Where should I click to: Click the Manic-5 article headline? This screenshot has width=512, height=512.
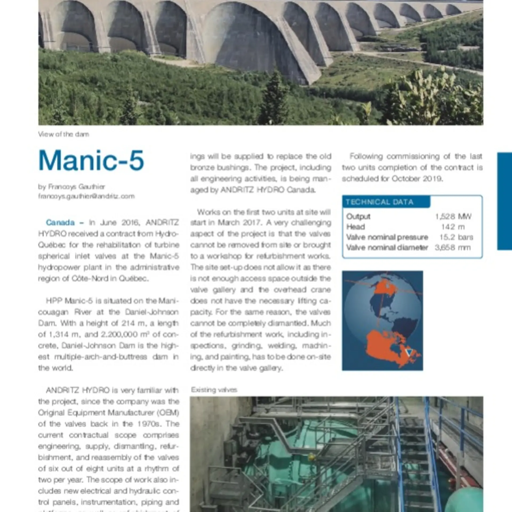(91, 161)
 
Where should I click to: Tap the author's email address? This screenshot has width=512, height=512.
(86, 196)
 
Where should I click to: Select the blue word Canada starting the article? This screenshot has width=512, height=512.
(60, 222)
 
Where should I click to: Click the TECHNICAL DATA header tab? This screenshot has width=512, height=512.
(379, 202)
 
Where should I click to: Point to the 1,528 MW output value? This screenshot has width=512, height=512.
(453, 216)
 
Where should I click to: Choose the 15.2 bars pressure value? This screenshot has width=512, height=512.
(456, 237)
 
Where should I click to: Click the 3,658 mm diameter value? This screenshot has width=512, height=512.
(453, 247)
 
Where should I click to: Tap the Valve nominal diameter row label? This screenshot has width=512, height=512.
(387, 247)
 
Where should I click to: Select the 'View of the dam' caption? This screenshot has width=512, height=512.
(63, 134)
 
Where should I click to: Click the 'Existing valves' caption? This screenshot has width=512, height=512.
(214, 390)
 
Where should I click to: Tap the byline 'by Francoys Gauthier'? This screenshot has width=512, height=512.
(71, 187)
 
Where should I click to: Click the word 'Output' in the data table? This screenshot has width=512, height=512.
(358, 216)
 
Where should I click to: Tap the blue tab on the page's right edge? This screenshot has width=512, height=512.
(504, 201)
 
